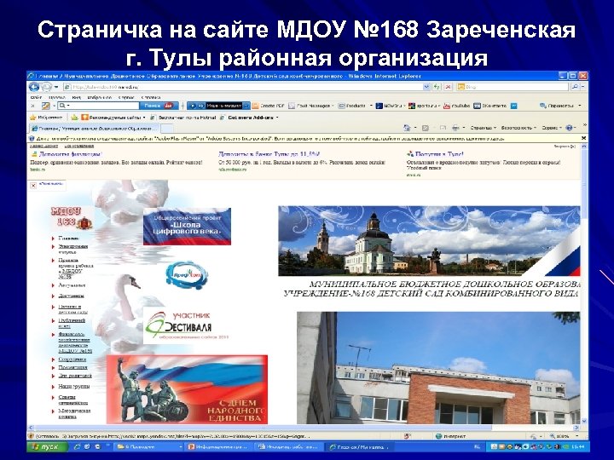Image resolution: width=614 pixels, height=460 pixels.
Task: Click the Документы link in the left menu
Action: [x=72, y=296]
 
